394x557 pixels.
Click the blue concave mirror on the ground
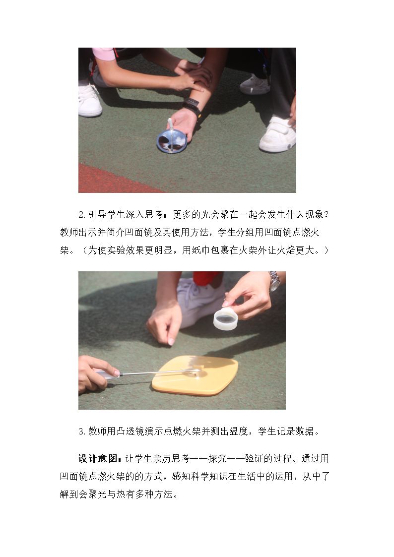(x=172, y=141)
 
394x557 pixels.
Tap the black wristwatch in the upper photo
(x=192, y=107)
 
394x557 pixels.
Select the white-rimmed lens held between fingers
(x=225, y=318)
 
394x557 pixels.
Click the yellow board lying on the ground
(x=195, y=375)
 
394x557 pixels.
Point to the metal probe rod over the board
(x=159, y=372)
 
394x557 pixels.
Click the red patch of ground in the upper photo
(x=114, y=180)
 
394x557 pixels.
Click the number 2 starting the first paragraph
(x=81, y=215)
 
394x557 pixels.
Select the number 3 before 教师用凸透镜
(x=81, y=432)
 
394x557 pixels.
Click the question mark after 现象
(x=327, y=215)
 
